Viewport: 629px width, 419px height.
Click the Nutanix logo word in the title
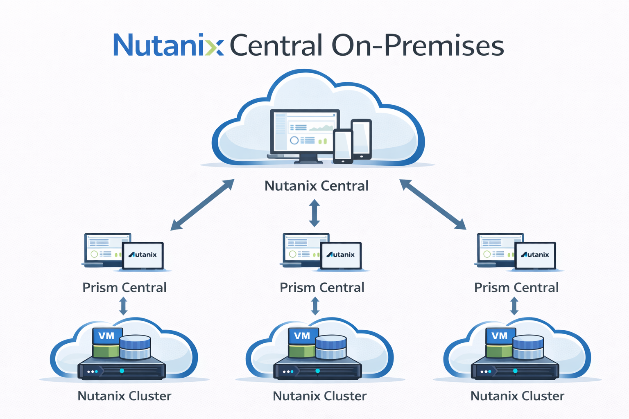(x=168, y=45)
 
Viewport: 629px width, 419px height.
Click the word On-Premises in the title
(x=418, y=46)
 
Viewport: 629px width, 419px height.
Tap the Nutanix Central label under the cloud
(x=316, y=186)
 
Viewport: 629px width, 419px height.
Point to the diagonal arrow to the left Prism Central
(x=202, y=205)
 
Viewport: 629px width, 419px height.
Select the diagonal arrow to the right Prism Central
(x=433, y=204)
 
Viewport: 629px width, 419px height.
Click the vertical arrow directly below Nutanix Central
(x=314, y=213)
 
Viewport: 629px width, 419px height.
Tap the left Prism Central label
(x=124, y=288)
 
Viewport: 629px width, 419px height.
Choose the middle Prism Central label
(x=322, y=288)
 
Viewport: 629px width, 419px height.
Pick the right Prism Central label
(x=516, y=288)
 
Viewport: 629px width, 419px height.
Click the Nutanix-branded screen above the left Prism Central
(x=143, y=255)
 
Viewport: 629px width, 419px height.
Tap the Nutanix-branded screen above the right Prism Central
(x=535, y=255)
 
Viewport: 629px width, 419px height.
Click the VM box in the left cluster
(x=107, y=336)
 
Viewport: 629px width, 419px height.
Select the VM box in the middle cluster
(x=303, y=336)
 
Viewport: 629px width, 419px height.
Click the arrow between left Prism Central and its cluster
(x=123, y=306)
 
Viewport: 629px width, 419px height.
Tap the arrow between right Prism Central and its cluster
(x=514, y=306)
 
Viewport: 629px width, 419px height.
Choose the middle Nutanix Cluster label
(x=319, y=396)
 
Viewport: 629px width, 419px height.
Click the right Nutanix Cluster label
(x=517, y=396)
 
